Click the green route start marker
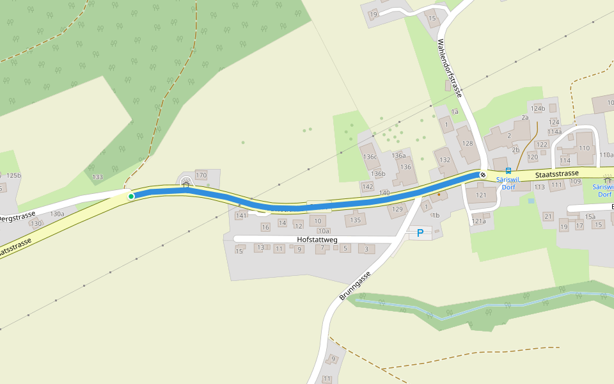pos(131,196)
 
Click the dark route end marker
pos(483,174)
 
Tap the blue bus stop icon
pos(508,171)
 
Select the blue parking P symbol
pos(420,233)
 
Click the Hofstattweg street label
pos(317,239)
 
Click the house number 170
pos(201,175)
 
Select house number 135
pos(356,220)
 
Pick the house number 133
pos(98,177)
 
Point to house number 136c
pos(370,157)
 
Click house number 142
pos(367,186)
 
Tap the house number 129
pos(398,209)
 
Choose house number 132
pos(445,159)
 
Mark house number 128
pos(468,143)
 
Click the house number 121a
pos(478,221)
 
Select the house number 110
pos(585,148)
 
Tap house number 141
pos(241,216)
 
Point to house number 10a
pos(323,231)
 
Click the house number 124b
pos(537,108)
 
